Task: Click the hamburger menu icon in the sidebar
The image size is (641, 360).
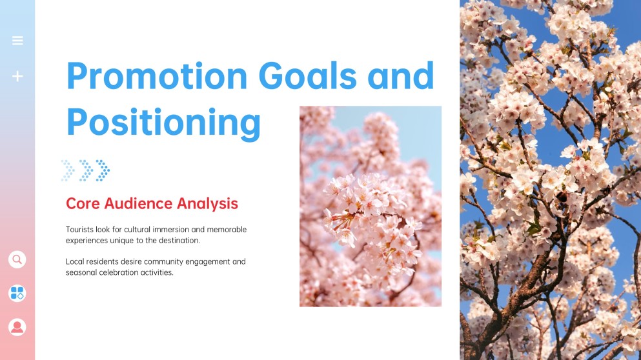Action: click(17, 41)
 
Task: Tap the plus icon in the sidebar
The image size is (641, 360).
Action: click(17, 76)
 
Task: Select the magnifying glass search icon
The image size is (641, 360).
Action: click(17, 259)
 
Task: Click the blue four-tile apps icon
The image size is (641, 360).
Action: click(17, 293)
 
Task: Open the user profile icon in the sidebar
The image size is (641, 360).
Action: click(17, 326)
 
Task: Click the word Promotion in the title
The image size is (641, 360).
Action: click(157, 75)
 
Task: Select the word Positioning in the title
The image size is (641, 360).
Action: click(163, 122)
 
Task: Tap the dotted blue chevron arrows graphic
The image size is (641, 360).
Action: click(85, 170)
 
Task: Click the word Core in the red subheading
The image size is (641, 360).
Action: click(83, 204)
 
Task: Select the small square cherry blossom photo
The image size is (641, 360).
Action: click(370, 206)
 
